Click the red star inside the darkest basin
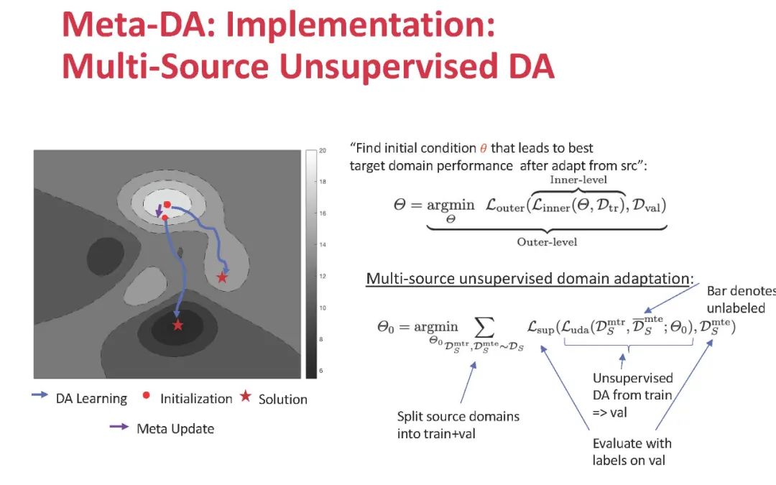pyautogui.click(x=178, y=325)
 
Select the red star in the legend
pyautogui.click(x=246, y=397)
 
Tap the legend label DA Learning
pyautogui.click(x=91, y=399)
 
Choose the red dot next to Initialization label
pyautogui.click(x=147, y=395)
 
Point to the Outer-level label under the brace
pyautogui.click(x=547, y=241)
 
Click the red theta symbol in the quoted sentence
pyautogui.click(x=483, y=149)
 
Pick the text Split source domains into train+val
pyautogui.click(x=458, y=425)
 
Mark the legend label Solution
pyautogui.click(x=283, y=399)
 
